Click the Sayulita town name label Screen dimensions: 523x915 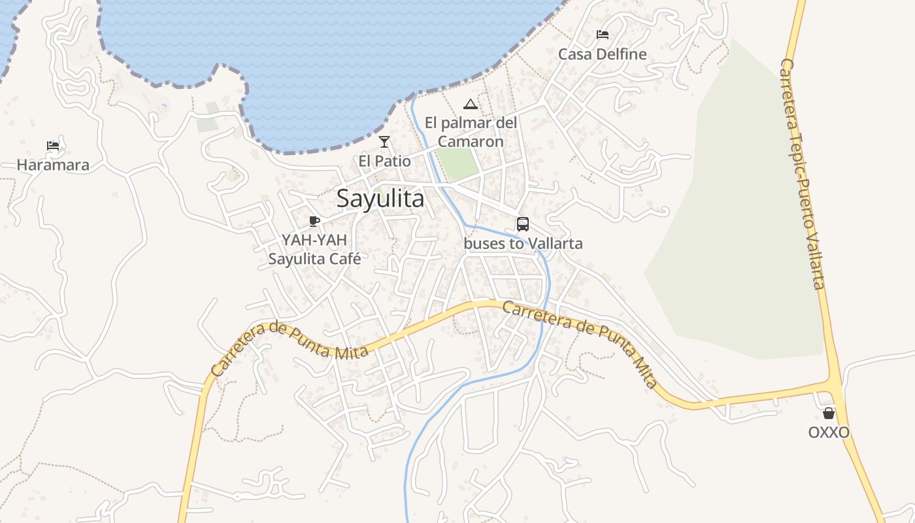coord(380,199)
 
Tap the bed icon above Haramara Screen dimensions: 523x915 coord(53,145)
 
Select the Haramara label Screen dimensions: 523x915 coord(53,165)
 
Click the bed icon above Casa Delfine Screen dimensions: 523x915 coord(603,35)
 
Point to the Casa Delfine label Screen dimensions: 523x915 coord(602,54)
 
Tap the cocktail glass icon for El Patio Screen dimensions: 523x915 coord(384,142)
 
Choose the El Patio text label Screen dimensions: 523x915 coord(384,161)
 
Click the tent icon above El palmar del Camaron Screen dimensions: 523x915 coord(470,104)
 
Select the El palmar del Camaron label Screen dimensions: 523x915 coord(471,132)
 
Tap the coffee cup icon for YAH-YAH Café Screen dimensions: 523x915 coord(314,220)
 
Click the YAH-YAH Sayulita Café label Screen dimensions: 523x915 coord(314,249)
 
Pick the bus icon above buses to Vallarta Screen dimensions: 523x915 coord(523,224)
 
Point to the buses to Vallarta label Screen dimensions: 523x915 coord(523,244)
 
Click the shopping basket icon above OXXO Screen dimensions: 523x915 coord(829,413)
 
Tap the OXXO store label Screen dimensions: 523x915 coord(829,433)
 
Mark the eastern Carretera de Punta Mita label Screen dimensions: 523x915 coord(580,343)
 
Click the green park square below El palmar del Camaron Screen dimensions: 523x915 coord(457,163)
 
